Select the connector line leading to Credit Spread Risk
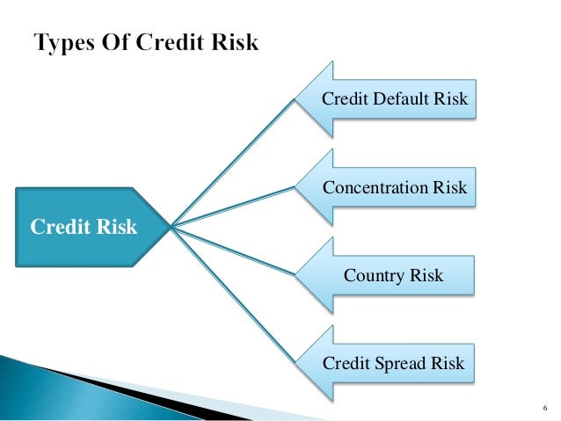point(233,294)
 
